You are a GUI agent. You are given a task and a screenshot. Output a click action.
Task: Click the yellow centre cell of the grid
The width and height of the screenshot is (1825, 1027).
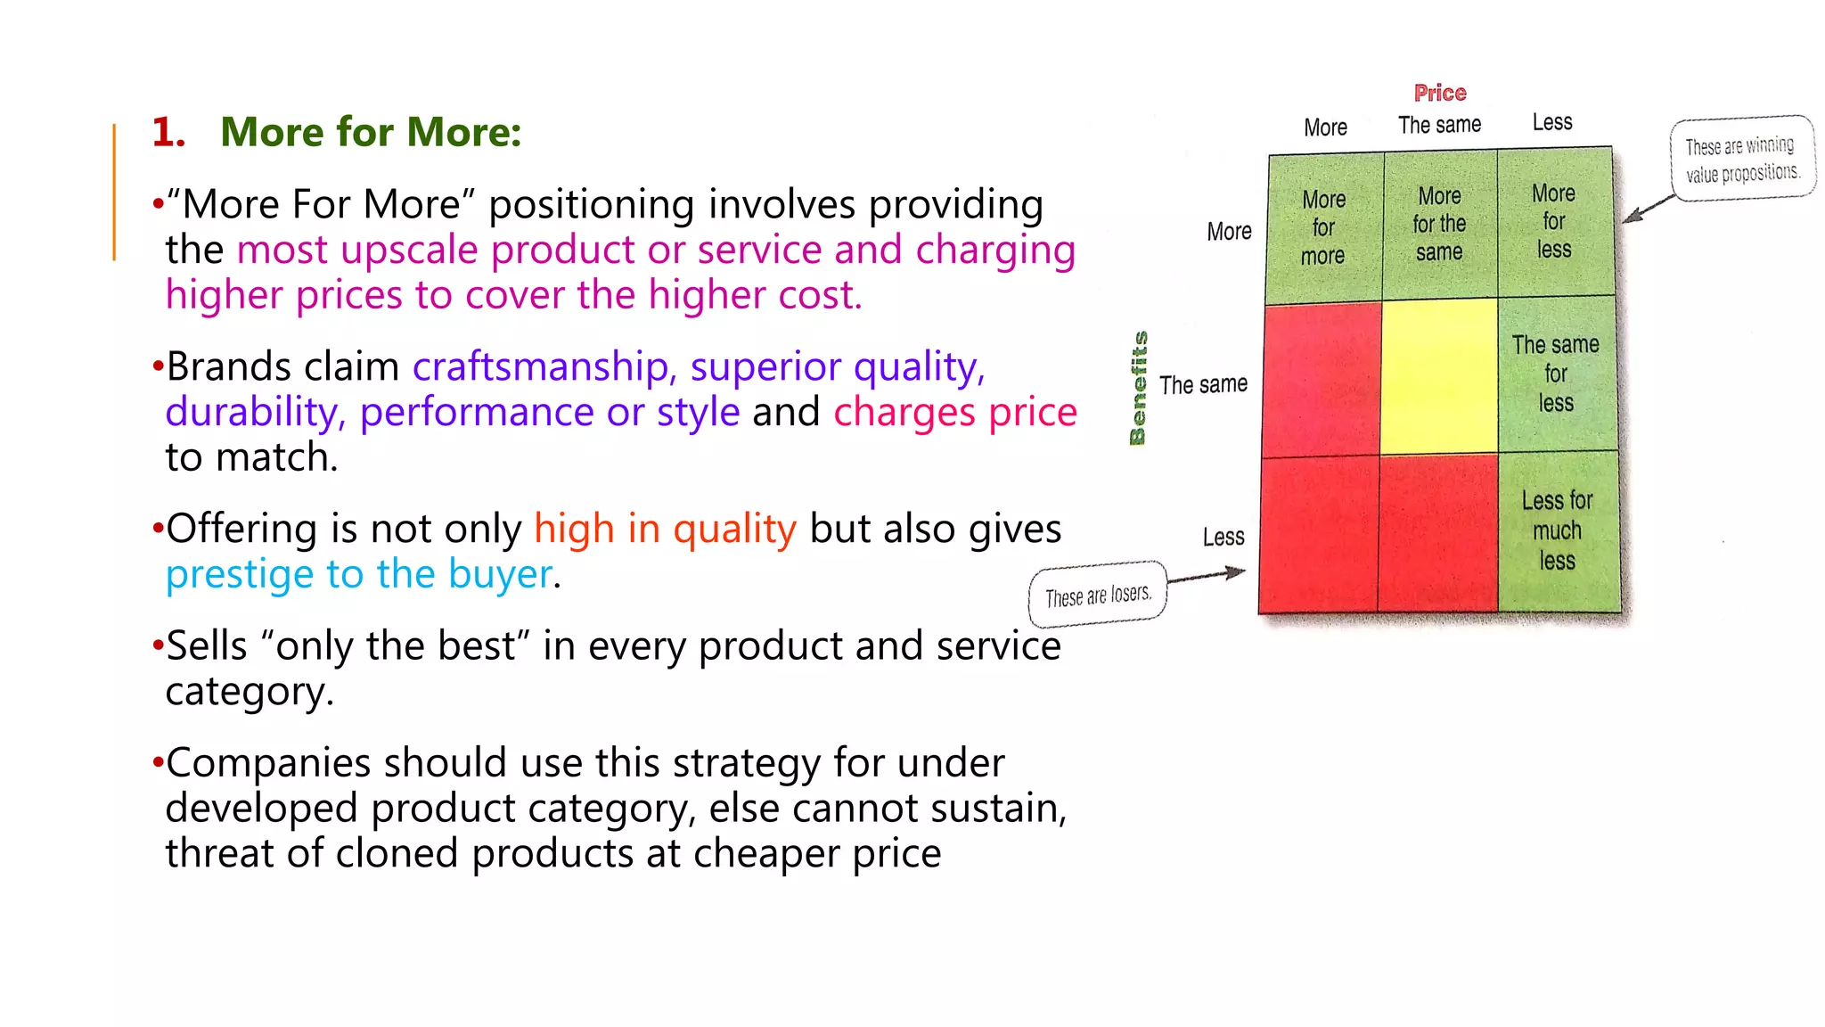[1438, 376]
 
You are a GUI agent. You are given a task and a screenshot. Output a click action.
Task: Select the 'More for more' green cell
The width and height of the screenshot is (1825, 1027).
[1323, 227]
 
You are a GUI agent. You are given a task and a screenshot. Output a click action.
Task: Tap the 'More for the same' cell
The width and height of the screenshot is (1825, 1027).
[1439, 224]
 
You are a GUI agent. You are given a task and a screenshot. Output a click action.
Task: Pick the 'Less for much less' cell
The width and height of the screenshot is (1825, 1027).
[1557, 530]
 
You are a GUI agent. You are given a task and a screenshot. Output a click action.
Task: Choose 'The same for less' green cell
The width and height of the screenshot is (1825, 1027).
[1555, 374]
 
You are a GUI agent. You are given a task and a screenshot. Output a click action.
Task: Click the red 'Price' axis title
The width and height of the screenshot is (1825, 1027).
[1439, 93]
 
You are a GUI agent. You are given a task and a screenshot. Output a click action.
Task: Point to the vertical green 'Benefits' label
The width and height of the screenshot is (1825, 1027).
[1138, 388]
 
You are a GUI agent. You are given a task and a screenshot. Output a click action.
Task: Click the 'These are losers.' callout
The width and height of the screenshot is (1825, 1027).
[1098, 595]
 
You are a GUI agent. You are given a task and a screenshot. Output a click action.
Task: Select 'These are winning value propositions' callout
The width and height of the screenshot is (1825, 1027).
[1741, 159]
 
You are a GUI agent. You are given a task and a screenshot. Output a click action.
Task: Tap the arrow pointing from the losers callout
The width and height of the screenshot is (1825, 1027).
[1207, 576]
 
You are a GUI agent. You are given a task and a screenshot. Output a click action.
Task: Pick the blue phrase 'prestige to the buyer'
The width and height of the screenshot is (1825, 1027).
[359, 574]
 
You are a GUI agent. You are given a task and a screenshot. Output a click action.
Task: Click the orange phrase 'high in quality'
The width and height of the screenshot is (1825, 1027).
[665, 529]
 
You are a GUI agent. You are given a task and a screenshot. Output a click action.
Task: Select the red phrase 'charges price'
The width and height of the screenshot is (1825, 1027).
[954, 412]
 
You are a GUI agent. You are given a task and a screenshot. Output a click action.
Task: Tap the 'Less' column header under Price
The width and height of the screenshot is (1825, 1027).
[1551, 122]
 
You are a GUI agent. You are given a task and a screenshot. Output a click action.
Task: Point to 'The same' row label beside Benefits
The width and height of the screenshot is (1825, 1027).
[1203, 384]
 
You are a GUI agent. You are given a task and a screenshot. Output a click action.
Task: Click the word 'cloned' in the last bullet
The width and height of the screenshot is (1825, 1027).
[396, 853]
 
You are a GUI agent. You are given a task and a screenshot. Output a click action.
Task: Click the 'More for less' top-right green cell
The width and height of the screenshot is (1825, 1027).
[1553, 221]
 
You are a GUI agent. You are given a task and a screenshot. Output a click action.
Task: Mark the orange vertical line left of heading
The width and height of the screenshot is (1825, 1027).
[114, 192]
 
